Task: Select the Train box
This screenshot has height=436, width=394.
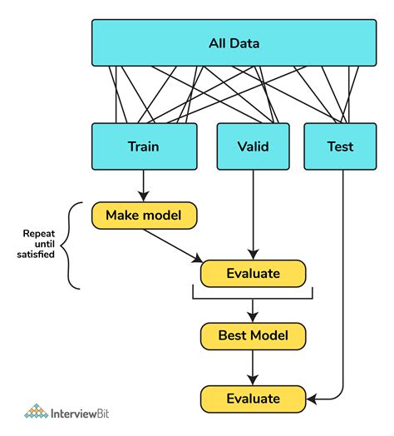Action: [144, 146]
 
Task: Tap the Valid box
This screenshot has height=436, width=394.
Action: [253, 146]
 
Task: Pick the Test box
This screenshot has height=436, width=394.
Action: [340, 146]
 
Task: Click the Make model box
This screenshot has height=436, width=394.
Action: [145, 216]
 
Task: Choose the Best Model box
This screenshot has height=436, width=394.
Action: [253, 335]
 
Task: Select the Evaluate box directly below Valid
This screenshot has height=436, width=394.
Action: [253, 273]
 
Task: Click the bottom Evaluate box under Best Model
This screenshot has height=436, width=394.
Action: [253, 398]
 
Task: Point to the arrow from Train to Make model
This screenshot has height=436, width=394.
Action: [144, 184]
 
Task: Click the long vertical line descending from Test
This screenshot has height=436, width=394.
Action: [343, 275]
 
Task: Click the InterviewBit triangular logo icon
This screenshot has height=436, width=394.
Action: [36, 412]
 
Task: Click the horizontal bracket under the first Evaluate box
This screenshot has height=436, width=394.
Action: [253, 295]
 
